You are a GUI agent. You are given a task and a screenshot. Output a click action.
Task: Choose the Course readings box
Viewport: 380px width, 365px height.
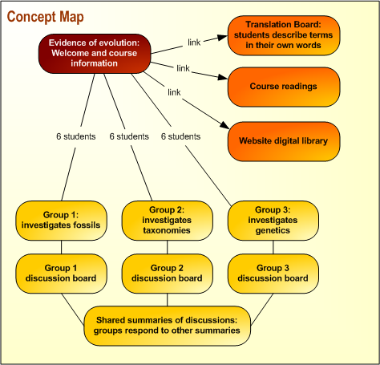(284, 87)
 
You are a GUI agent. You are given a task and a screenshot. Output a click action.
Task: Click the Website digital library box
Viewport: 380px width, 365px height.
(284, 140)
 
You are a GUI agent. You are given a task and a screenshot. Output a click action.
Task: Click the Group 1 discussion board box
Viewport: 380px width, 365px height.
(61, 273)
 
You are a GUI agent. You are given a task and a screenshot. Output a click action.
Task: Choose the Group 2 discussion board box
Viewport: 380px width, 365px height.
(167, 273)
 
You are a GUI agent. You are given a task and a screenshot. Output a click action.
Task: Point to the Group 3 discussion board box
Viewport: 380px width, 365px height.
(273, 273)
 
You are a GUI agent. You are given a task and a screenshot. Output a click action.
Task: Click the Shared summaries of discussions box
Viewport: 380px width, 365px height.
(166, 324)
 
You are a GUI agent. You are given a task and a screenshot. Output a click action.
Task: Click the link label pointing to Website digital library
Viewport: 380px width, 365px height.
(174, 92)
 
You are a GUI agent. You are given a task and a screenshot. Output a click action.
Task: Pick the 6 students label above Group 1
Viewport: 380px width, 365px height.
(76, 136)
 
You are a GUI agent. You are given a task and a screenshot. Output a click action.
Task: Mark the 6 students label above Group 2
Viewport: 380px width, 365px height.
(128, 136)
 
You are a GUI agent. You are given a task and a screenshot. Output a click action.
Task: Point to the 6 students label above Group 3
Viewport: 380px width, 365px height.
(180, 136)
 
